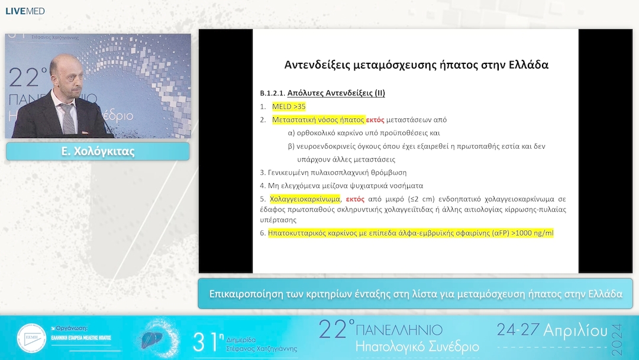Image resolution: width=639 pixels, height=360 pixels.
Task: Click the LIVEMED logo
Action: pos(25,11)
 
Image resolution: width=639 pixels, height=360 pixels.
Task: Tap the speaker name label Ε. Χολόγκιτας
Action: pos(98,152)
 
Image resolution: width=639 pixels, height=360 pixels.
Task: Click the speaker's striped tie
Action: pos(69,118)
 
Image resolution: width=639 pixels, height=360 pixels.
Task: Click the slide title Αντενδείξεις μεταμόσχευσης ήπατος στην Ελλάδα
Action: pos(416,65)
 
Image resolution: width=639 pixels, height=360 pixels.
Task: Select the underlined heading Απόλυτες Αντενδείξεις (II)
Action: pos(336,93)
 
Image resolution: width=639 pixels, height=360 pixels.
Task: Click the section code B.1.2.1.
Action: pos(272,94)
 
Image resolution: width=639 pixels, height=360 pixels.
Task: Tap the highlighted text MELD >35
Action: pos(289,107)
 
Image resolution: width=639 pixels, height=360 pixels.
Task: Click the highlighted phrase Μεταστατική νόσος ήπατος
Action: pos(318,120)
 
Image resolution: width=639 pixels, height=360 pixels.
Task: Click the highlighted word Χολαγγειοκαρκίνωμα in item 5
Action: pos(305,199)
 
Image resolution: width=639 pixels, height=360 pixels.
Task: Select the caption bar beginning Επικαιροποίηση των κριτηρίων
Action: pos(415,294)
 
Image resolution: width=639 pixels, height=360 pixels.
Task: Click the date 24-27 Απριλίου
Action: pos(551,330)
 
